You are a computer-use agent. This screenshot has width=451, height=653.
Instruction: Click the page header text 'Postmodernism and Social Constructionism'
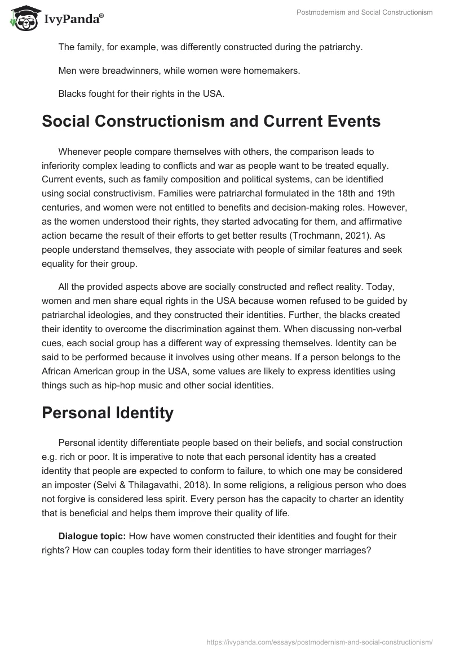(x=364, y=12)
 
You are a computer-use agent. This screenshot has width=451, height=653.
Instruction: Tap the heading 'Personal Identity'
(x=108, y=413)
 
